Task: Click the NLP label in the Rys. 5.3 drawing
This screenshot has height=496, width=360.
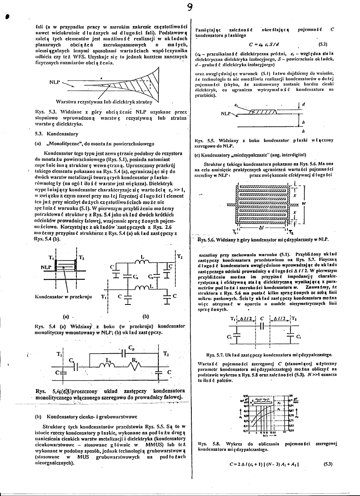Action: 55,83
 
